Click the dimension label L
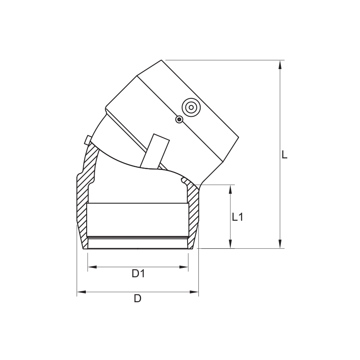point(284,155)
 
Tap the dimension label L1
point(238,217)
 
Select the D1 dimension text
point(138,274)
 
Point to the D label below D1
point(137,298)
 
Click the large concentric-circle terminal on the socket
point(191,107)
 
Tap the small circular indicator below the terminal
point(179,120)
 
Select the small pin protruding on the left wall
point(87,139)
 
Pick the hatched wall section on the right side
point(193,213)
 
